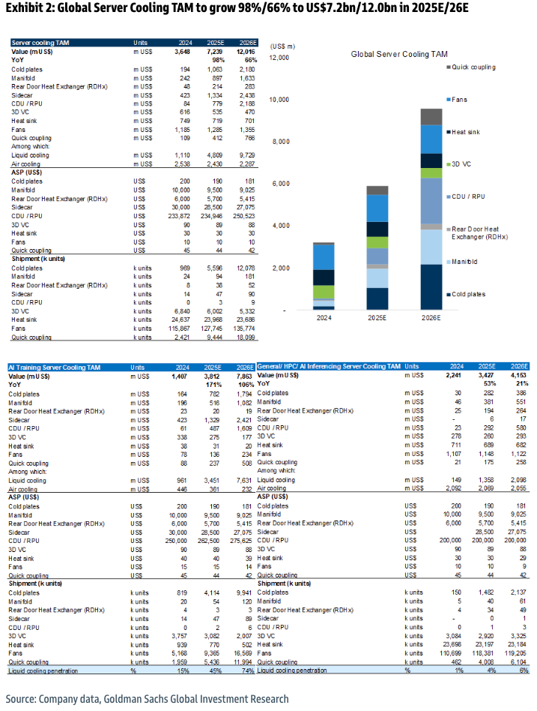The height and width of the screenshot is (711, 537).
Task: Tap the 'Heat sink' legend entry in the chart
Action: [x=468, y=132]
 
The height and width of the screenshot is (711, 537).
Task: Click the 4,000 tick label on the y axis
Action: [x=280, y=226]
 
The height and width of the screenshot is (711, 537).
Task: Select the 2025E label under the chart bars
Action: [x=377, y=318]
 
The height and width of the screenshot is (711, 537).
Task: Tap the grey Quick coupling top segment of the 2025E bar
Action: [x=377, y=190]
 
